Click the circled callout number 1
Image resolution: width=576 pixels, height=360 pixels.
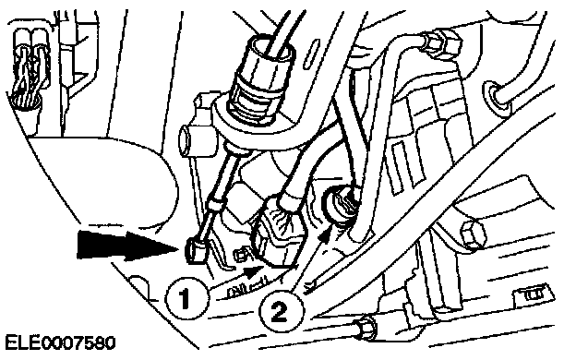coord(186,298)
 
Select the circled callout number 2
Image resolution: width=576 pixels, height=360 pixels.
coord(282,312)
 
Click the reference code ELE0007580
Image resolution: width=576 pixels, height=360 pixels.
coord(60,343)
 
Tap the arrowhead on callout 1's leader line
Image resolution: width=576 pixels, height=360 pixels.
coord(254,271)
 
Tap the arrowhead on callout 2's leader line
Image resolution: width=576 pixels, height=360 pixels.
coord(325,234)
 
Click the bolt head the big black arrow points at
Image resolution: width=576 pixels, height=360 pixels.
coord(197,251)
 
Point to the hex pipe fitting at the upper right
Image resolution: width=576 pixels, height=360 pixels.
coord(441,42)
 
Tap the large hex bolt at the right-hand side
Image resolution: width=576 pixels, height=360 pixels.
coord(473,234)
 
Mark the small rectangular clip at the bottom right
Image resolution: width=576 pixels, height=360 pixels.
coord(533,294)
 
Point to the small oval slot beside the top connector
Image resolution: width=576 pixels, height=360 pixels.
coord(309,54)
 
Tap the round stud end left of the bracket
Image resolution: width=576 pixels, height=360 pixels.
coord(186,138)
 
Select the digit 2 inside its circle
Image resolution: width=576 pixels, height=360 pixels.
coord(280,313)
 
